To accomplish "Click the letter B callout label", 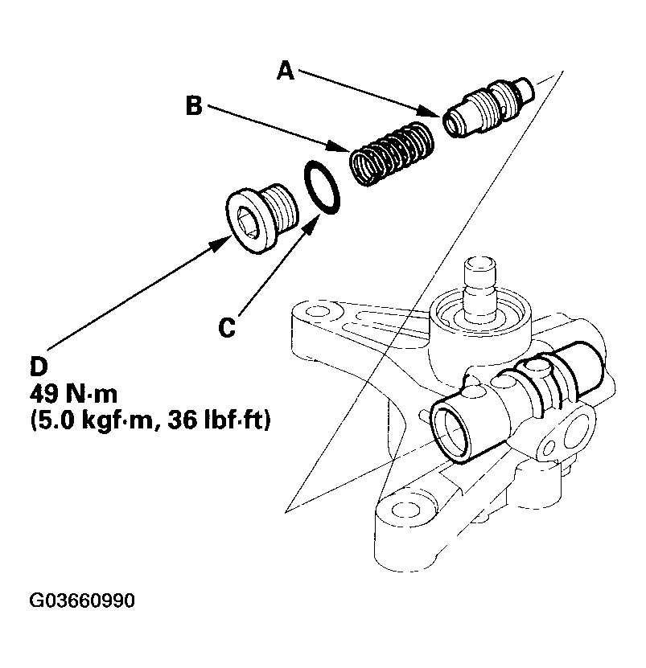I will tap(194, 107).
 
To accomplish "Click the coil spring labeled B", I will tap(393, 153).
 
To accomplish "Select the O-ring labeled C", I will tap(322, 189).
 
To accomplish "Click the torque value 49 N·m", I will tap(74, 395).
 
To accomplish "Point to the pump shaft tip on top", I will tap(481, 265).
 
